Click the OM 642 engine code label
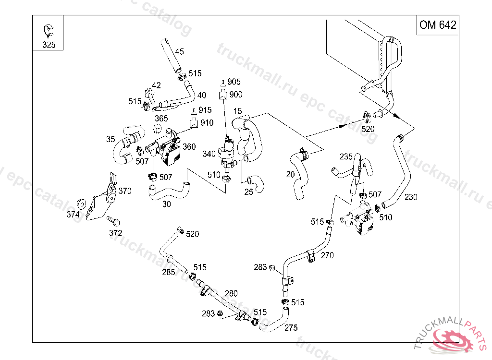click(437, 25)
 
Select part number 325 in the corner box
click(49, 45)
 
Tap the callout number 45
click(179, 51)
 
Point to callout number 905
click(234, 82)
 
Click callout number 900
click(235, 95)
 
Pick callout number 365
click(161, 118)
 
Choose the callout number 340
click(209, 154)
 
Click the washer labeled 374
click(82, 204)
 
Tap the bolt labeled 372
click(114, 222)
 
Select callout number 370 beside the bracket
click(124, 191)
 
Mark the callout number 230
click(411, 196)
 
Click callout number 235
click(346, 156)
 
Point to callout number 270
click(327, 255)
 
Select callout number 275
click(291, 328)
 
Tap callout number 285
click(168, 273)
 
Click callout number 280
click(231, 293)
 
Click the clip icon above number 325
click(49, 30)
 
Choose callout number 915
click(205, 110)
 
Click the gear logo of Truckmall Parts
click(451, 340)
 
